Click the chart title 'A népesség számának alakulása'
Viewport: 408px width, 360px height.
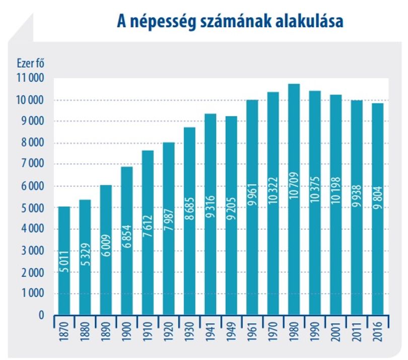click(230, 22)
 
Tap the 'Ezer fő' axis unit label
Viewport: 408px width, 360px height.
click(31, 63)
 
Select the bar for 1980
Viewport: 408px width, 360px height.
click(294, 199)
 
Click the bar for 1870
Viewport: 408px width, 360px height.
click(64, 261)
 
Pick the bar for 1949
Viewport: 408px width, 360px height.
click(231, 215)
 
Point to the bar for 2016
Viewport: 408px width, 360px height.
click(378, 209)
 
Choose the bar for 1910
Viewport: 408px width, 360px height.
click(148, 233)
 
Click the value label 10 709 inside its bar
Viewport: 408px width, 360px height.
click(294, 185)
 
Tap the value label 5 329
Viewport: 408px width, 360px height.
click(85, 254)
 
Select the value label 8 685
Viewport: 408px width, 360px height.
click(190, 208)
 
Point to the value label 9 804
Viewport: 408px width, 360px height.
click(378, 197)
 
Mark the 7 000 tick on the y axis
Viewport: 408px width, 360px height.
click(33, 164)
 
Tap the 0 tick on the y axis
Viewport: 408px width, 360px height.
click(41, 315)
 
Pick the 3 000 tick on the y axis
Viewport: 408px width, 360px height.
click(33, 251)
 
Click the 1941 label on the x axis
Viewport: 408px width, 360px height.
click(211, 332)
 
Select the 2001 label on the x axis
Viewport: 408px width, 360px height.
click(336, 332)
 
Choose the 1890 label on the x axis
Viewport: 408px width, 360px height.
click(106, 332)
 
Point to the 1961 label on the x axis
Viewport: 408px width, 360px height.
click(252, 332)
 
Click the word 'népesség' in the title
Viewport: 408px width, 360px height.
click(163, 22)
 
